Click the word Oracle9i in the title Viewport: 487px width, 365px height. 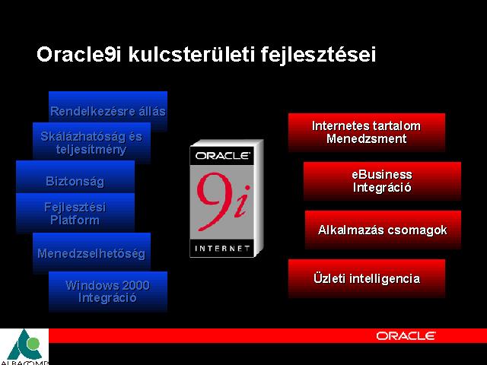click(78, 55)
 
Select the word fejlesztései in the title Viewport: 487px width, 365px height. click(318, 56)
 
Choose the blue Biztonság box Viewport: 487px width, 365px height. click(75, 176)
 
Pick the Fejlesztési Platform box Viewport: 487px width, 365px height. click(75, 213)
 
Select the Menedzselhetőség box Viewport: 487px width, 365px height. click(91, 252)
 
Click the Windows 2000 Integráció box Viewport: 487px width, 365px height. click(108, 291)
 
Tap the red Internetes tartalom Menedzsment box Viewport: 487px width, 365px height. click(367, 132)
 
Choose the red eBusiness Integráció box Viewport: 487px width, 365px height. click(382, 181)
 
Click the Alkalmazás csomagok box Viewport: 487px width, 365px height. click(383, 230)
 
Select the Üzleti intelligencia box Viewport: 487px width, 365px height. click(367, 278)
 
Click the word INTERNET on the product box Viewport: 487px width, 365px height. click(222, 249)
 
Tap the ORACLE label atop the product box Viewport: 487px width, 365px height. click(223, 155)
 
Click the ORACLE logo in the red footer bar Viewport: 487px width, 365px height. click(406, 336)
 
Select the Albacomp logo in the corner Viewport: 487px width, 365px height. click(24, 347)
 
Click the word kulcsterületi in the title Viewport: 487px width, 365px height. click(191, 55)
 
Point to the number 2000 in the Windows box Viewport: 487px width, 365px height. click(135, 285)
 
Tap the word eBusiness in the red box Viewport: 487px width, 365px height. click(382, 175)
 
